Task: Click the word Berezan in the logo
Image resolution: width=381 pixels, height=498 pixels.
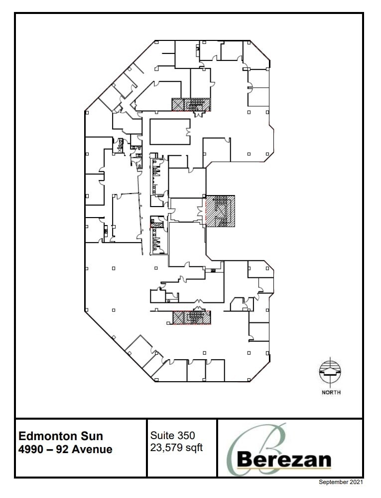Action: click(x=284, y=459)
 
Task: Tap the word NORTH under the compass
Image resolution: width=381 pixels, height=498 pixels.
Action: click(x=331, y=392)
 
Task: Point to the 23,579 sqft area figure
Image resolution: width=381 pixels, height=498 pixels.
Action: click(x=176, y=447)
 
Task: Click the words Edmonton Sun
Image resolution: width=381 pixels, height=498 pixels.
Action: click(x=61, y=436)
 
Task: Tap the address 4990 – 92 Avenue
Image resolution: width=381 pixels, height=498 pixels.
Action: click(x=65, y=449)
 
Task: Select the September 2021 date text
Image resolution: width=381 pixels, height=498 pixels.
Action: click(x=341, y=483)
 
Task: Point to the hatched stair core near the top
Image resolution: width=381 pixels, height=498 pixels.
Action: click(x=191, y=104)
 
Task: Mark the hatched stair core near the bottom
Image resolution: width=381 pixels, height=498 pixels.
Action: click(x=192, y=317)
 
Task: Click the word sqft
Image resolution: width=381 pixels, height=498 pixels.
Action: click(x=193, y=447)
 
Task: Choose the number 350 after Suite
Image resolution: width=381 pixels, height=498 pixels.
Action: click(x=185, y=436)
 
